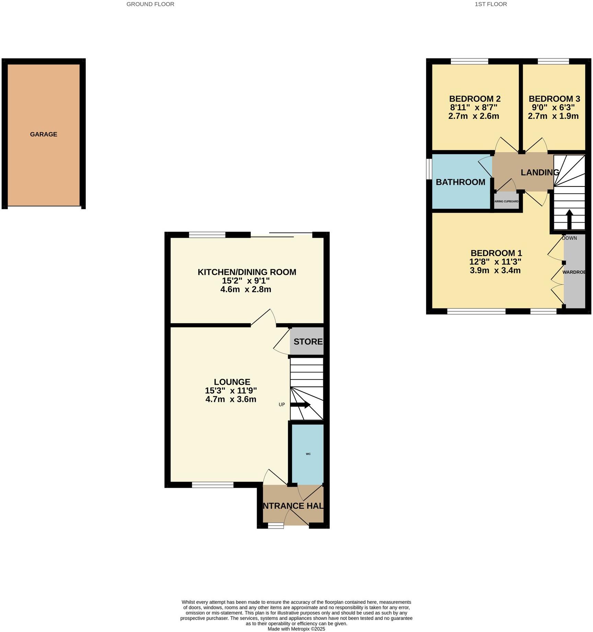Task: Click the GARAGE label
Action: [44, 134]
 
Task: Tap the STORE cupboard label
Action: [308, 342]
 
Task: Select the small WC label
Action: [308, 454]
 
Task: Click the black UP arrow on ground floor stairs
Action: [300, 405]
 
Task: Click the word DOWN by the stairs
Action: [569, 238]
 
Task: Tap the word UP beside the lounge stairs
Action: [282, 405]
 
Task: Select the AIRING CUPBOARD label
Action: [507, 202]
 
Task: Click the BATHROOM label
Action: [461, 182]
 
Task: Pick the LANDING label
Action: [539, 172]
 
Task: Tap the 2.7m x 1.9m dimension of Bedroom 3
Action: [553, 116]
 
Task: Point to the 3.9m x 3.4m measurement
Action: [495, 271]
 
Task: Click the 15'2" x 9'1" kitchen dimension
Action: [246, 281]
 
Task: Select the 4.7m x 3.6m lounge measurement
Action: [231, 399]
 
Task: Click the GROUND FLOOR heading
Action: [150, 4]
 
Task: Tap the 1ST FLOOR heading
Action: [491, 4]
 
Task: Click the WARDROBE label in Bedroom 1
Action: [574, 272]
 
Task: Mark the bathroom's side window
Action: [429, 169]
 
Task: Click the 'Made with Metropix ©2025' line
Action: [296, 629]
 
